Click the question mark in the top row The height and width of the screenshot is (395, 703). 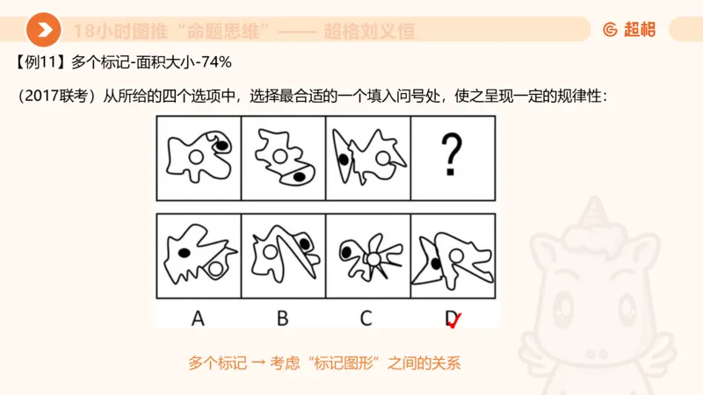pyautogui.click(x=452, y=155)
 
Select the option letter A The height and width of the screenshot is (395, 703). pyautogui.click(x=198, y=318)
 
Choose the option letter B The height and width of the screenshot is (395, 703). pyautogui.click(x=282, y=318)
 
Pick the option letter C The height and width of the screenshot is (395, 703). pyautogui.click(x=366, y=318)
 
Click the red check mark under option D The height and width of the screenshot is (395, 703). pyautogui.click(x=454, y=322)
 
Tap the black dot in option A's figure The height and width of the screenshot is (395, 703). pyautogui.click(x=185, y=253)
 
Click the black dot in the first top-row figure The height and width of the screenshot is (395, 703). pyautogui.click(x=223, y=145)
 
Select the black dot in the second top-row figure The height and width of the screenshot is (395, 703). pyautogui.click(x=299, y=177)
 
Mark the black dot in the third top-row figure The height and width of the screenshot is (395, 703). pyautogui.click(x=342, y=159)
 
